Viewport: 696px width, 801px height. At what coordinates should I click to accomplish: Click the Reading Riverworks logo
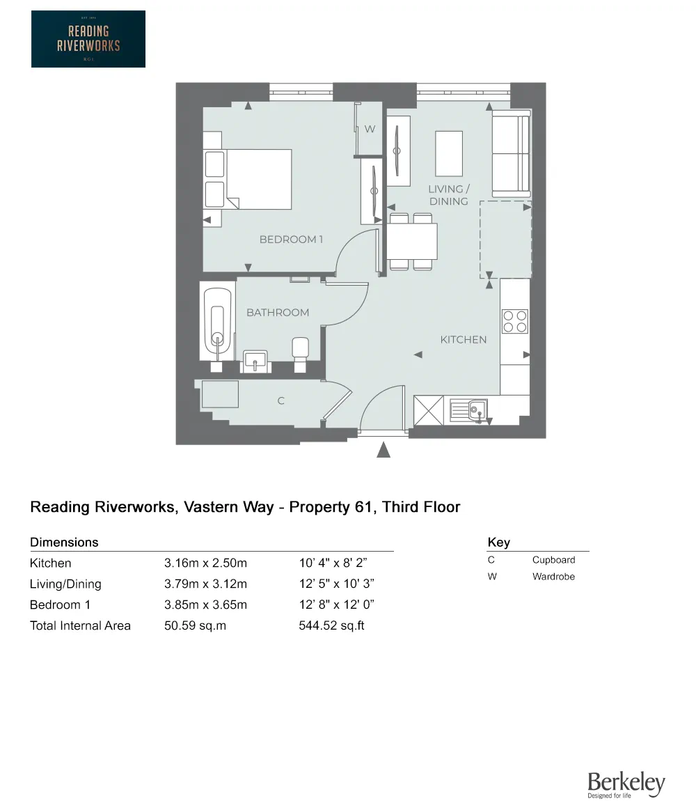coord(88,39)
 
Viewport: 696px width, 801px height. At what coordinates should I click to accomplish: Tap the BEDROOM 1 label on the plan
coord(291,239)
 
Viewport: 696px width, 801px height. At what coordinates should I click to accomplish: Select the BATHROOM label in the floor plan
coord(278,312)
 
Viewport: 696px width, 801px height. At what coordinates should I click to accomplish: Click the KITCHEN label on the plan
coord(463,339)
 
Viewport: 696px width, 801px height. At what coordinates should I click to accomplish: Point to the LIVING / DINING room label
coord(449,195)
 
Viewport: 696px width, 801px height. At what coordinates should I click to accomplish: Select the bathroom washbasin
coord(255,361)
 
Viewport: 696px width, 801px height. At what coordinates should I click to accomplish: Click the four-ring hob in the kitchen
coord(515,321)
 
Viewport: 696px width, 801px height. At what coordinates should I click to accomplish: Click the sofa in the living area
coord(511,153)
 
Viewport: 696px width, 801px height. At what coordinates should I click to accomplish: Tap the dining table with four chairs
coord(412,241)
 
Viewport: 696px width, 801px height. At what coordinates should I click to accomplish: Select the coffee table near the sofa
coord(449,153)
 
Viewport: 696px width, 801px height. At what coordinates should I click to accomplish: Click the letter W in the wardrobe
coord(370,129)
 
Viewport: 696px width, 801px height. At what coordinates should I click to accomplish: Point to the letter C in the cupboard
coord(281,400)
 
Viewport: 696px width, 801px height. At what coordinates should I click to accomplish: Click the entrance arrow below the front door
coord(383,449)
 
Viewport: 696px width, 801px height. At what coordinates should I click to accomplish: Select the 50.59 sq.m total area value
coord(195,625)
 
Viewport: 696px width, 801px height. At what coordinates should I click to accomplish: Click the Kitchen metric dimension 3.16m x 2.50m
coord(205,563)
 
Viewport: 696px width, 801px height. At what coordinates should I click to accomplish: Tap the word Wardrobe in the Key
coord(553,576)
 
